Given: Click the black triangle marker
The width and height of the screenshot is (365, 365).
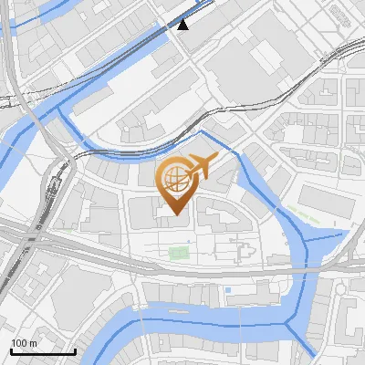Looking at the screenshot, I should (183, 25).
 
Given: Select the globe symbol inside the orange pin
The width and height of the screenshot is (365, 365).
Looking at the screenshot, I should (173, 179).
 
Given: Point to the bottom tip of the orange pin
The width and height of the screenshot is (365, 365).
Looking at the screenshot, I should (173, 216).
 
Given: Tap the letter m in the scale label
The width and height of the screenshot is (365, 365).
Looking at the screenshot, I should (34, 343).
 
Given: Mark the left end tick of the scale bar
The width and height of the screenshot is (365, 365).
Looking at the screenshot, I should (10, 350).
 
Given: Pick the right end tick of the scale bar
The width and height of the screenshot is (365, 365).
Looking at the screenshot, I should (75, 350).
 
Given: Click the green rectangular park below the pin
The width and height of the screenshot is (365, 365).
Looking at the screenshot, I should (179, 253).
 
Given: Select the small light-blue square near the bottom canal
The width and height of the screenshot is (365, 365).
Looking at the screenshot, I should (227, 290).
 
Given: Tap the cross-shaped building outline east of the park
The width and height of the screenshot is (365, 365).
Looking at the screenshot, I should (244, 249).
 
